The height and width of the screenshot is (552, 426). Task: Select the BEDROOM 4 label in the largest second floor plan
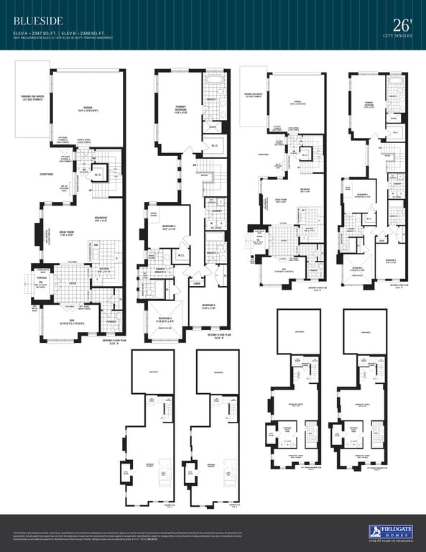(160, 228)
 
